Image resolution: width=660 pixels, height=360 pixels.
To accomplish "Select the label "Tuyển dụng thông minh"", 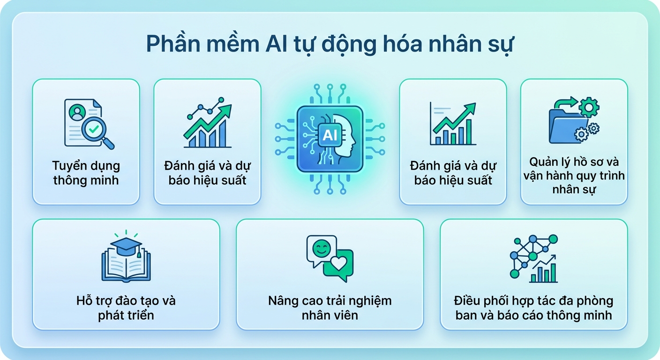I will pos(86,172).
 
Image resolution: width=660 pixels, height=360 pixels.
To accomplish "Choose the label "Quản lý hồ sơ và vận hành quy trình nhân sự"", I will pos(574,175).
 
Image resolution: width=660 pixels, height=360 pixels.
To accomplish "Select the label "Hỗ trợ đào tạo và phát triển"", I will pos(126,307).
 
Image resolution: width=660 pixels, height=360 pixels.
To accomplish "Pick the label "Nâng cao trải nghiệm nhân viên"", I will pos(330,307).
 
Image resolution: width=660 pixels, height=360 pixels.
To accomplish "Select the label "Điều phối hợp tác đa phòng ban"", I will pos(533,300).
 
